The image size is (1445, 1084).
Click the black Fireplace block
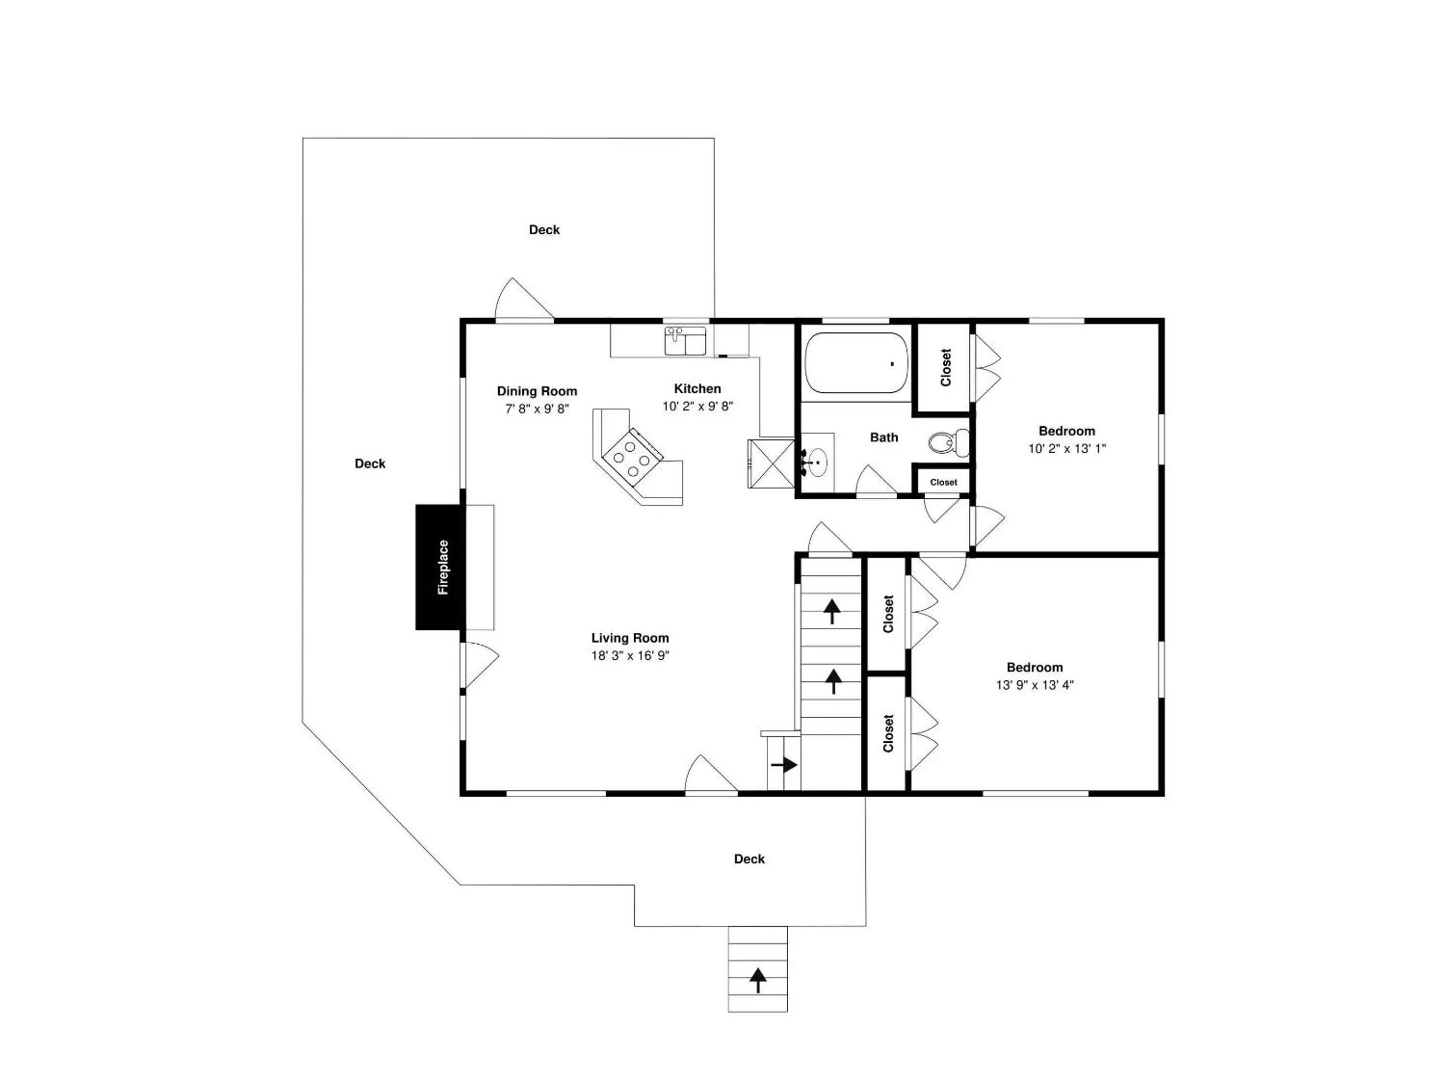[x=441, y=567]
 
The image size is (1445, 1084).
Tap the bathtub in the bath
[x=856, y=363]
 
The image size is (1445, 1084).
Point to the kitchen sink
[x=685, y=340]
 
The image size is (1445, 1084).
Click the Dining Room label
[x=537, y=391]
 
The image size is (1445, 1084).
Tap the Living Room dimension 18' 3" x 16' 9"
[x=630, y=655]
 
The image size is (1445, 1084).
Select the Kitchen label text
[x=698, y=389]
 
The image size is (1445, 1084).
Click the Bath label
[x=884, y=438]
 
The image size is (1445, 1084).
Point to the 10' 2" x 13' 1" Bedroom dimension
[x=1067, y=448]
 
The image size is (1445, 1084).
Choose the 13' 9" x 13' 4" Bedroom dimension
[x=1035, y=685]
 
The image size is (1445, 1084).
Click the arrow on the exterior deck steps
[x=758, y=980]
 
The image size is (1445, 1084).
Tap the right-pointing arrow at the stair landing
[x=785, y=764]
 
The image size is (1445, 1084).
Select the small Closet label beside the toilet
[x=943, y=482]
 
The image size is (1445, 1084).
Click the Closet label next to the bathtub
[x=946, y=367]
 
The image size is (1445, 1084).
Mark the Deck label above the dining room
[x=544, y=230]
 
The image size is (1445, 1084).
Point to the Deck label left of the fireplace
[x=370, y=464]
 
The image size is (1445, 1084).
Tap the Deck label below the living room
[x=749, y=859]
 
